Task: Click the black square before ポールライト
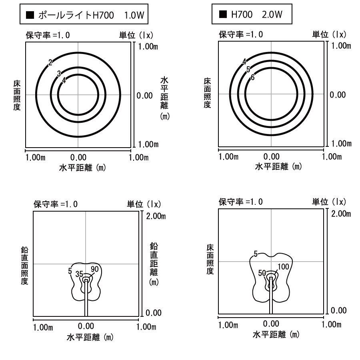(x=29, y=16)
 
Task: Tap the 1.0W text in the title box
(x=134, y=16)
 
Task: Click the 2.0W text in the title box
(x=272, y=15)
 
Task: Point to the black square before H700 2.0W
(x=223, y=15)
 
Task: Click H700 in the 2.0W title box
(x=242, y=15)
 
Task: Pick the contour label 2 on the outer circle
(x=50, y=62)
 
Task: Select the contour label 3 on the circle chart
(x=59, y=73)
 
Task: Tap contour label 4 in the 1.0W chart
(x=64, y=80)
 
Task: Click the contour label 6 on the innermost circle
(x=252, y=78)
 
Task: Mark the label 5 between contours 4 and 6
(x=248, y=70)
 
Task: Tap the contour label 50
(x=262, y=273)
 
